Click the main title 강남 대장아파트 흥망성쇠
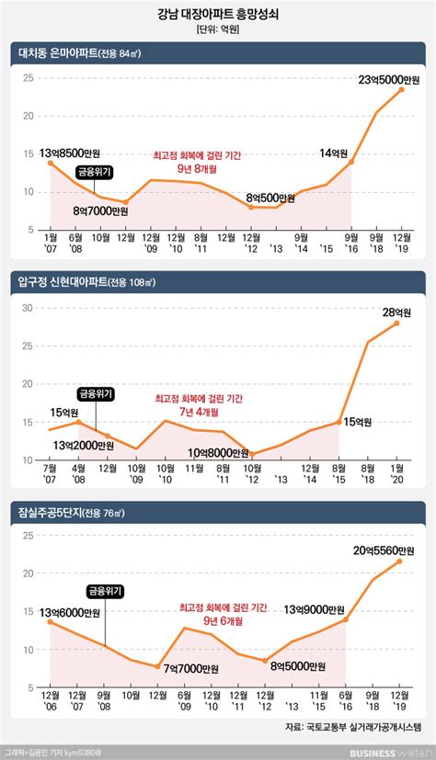coord(217,14)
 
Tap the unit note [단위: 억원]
coord(217,30)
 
